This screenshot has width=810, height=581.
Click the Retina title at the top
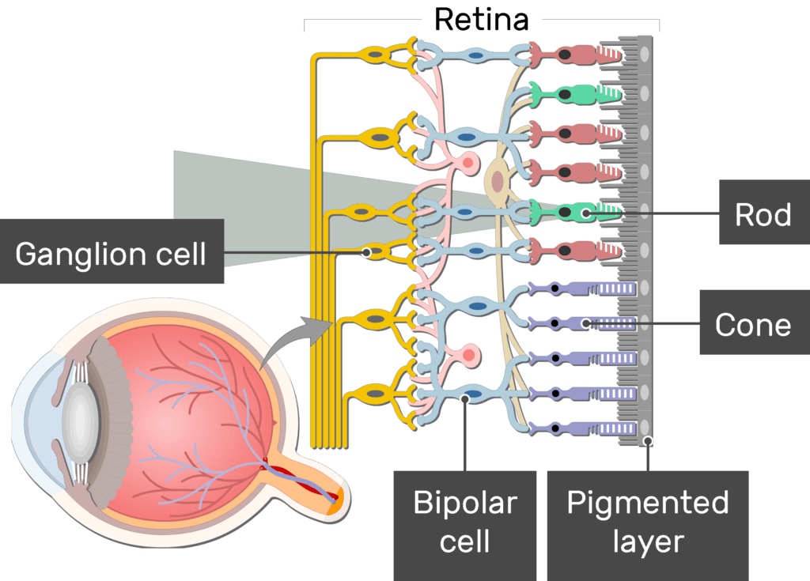tap(481, 20)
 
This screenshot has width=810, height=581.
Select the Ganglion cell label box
tap(111, 255)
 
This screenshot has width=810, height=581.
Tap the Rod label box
tap(763, 213)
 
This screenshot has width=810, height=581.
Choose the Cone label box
tap(753, 324)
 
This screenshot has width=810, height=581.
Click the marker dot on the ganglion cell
tap(366, 252)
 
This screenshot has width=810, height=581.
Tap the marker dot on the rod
tap(585, 213)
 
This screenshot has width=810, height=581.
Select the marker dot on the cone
tap(585, 323)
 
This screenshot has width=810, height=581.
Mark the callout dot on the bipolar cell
tap(464, 399)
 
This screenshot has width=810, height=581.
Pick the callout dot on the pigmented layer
tap(648, 441)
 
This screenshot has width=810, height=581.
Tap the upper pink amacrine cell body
tap(467, 164)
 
